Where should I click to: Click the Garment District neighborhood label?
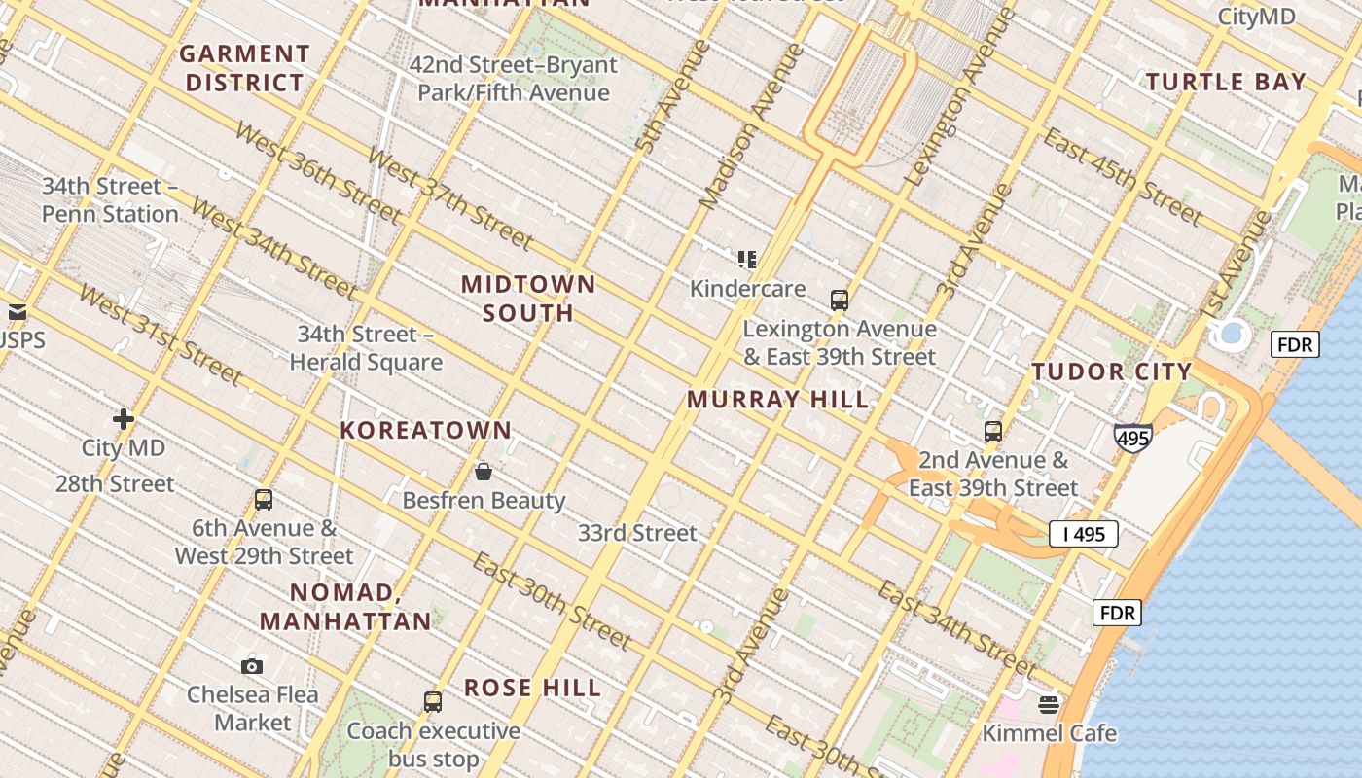(245, 68)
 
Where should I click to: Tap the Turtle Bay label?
(1226, 82)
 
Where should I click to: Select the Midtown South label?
(528, 299)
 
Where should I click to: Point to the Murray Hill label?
(778, 399)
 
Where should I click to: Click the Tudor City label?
(1112, 371)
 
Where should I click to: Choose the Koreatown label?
(426, 430)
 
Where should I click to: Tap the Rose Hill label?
(532, 688)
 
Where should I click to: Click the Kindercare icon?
(747, 260)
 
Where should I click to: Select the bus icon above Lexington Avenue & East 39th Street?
(840, 300)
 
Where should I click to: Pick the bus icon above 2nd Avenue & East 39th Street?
(993, 431)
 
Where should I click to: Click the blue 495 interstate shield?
(1133, 439)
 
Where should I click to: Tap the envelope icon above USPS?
(18, 312)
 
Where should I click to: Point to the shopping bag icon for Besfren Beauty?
(484, 472)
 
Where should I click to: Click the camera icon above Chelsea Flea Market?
(252, 666)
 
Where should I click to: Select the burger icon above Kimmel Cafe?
(1049, 704)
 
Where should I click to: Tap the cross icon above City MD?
(124, 419)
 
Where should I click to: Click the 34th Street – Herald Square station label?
(366, 348)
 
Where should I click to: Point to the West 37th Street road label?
(449, 198)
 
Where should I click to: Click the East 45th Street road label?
(1123, 176)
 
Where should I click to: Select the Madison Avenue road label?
(753, 126)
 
